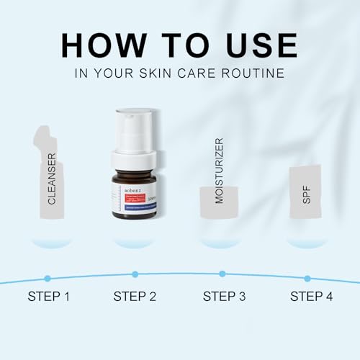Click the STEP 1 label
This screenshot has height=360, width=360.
click(x=50, y=296)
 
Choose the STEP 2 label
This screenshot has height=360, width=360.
click(x=136, y=296)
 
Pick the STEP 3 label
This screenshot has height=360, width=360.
click(x=224, y=296)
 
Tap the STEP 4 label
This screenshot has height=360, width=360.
click(x=311, y=296)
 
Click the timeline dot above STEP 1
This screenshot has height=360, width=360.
click(x=48, y=278)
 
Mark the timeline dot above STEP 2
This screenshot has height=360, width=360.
click(x=135, y=274)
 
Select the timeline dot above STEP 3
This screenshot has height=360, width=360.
click(x=222, y=274)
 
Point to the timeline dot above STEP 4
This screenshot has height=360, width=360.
click(x=307, y=278)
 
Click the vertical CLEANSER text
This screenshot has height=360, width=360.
click(x=52, y=179)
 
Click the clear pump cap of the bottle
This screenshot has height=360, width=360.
click(x=135, y=130)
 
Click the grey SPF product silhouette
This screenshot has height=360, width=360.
click(x=305, y=192)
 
